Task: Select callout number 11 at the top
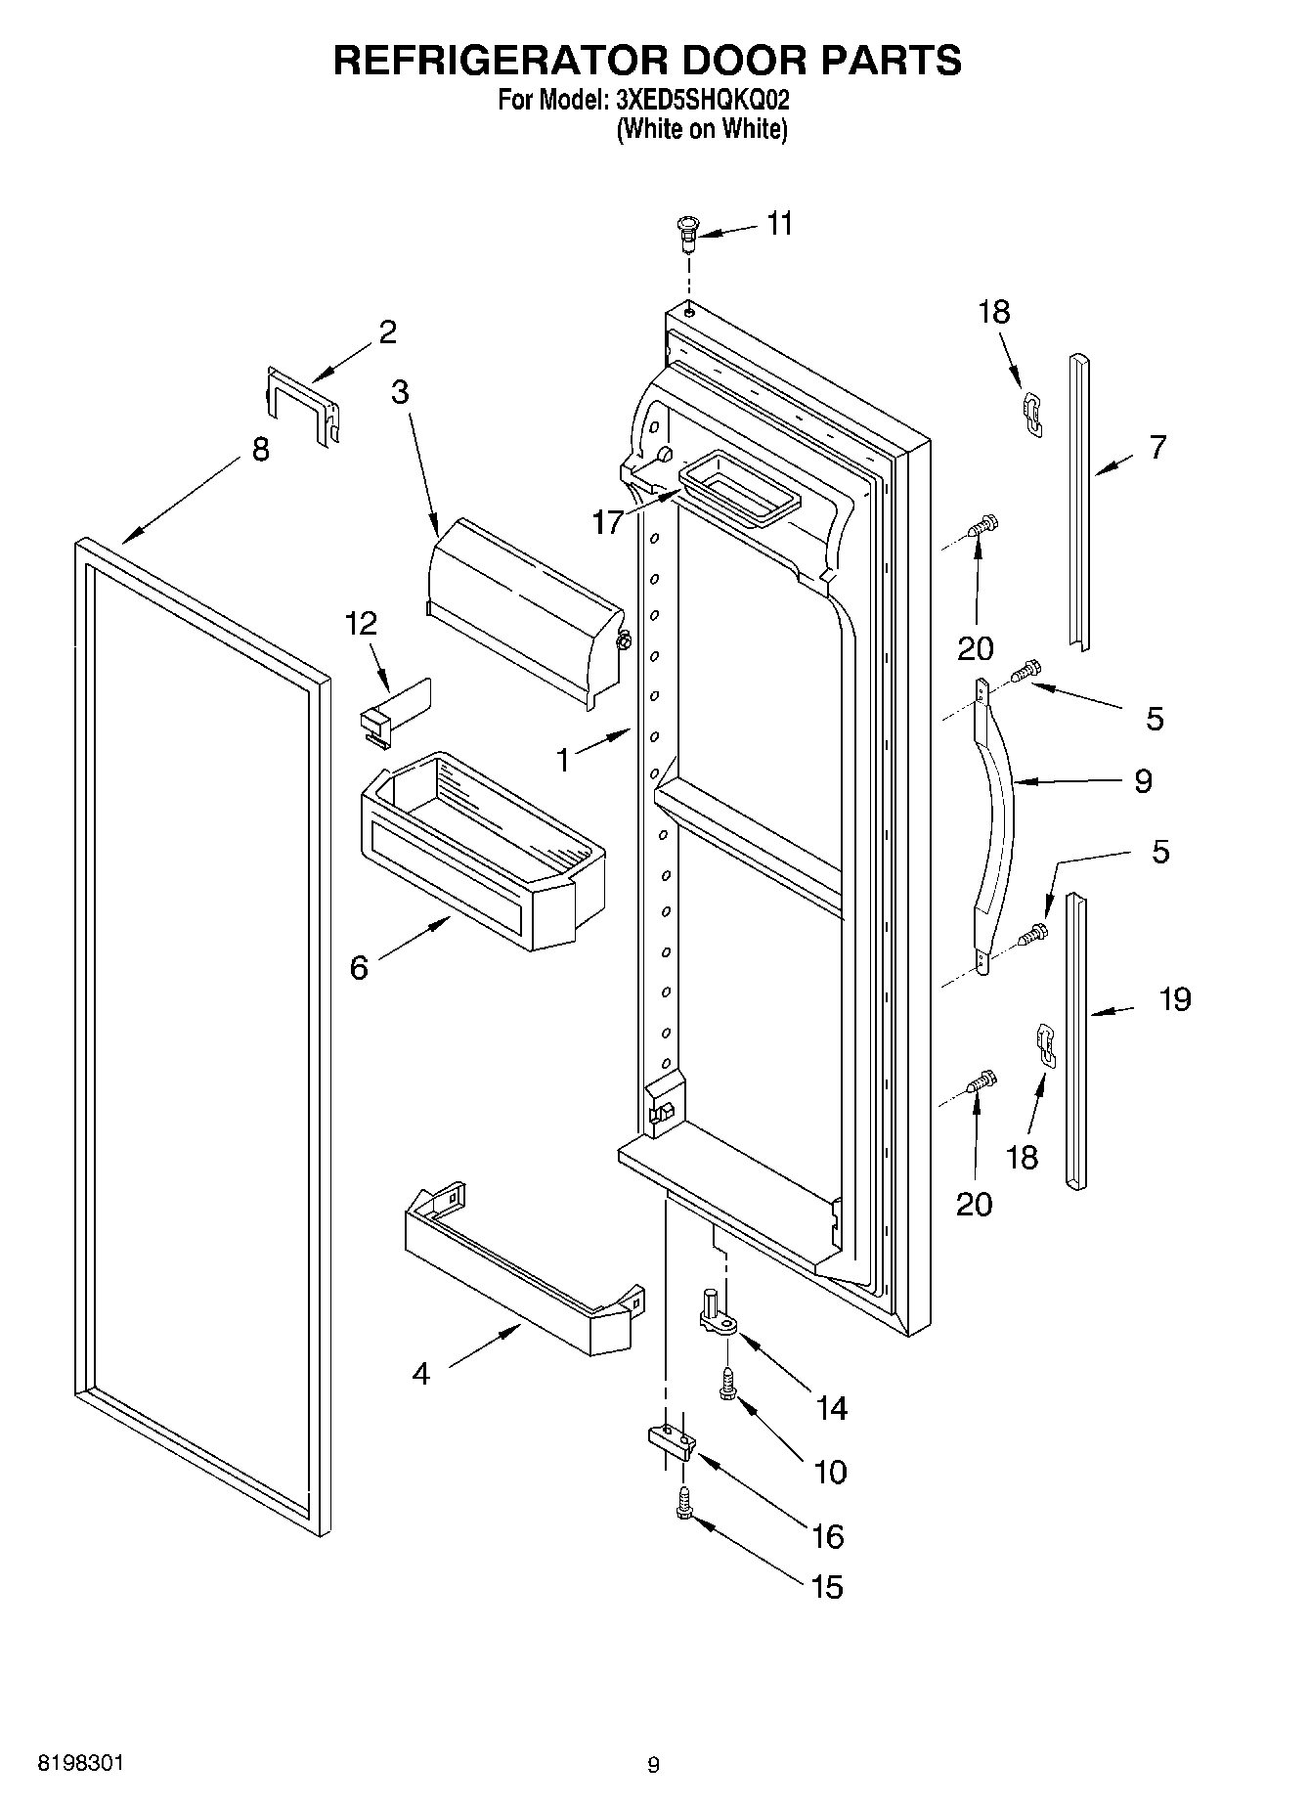click(779, 224)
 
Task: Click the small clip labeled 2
click(303, 405)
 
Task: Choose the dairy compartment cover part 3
click(523, 606)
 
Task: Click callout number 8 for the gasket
click(260, 450)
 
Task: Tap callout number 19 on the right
click(1175, 999)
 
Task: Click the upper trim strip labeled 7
click(1079, 499)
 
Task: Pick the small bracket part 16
click(671, 1440)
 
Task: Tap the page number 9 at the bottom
click(653, 1764)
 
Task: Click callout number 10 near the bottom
click(830, 1471)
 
